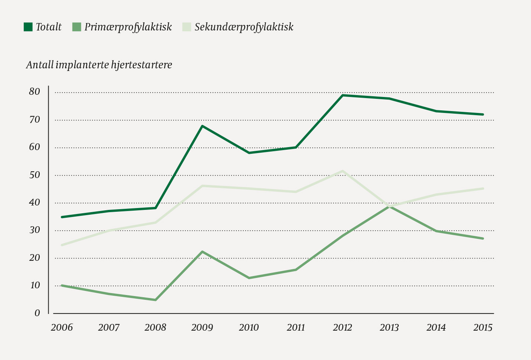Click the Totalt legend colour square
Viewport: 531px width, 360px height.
click(28, 27)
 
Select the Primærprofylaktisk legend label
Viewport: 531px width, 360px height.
click(128, 27)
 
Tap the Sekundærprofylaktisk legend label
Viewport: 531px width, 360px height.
click(244, 27)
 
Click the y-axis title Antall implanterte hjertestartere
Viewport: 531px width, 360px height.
click(99, 65)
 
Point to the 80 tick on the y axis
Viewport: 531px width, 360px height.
click(34, 92)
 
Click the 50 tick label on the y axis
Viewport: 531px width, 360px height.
click(34, 175)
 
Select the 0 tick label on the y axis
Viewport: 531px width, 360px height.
click(37, 313)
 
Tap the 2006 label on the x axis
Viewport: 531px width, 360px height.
click(62, 328)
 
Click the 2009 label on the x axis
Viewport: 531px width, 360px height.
click(202, 328)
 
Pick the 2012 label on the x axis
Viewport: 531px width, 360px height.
click(342, 328)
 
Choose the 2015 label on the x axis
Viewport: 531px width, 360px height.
click(483, 328)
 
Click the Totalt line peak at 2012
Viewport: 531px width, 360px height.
click(342, 95)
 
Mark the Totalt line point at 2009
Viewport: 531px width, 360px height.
click(202, 126)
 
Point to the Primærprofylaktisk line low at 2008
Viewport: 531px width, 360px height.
click(155, 300)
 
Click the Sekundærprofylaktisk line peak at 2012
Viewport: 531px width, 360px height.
click(342, 171)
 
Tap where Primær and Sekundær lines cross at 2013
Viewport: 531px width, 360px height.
click(389, 207)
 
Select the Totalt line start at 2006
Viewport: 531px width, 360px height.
click(62, 217)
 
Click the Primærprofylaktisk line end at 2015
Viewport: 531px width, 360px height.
click(483, 239)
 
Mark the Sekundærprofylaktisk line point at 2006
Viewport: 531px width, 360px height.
click(62, 245)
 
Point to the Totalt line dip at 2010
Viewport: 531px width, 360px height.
click(249, 153)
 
